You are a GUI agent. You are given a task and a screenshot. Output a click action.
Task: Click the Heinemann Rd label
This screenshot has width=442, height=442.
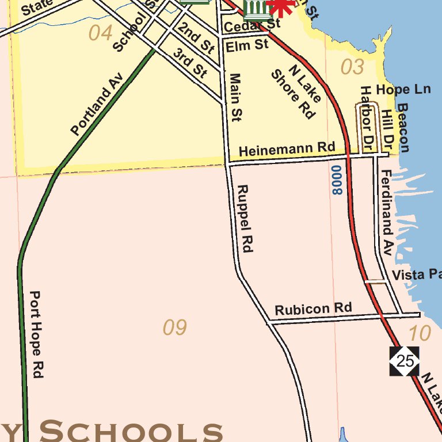pyautogui.click(x=287, y=150)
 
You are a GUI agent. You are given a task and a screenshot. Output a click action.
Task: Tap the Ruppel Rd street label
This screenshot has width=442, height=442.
pyautogui.click(x=245, y=219)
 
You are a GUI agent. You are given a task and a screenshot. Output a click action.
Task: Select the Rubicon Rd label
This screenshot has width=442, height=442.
pyautogui.click(x=313, y=308)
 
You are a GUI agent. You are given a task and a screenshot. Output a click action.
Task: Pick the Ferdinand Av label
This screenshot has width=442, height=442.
pyautogui.click(x=386, y=213)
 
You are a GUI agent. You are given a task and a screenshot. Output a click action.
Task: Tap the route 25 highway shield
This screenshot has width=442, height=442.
pyautogui.click(x=405, y=361)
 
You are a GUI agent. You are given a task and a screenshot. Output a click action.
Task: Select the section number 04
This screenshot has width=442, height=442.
pyautogui.click(x=100, y=33)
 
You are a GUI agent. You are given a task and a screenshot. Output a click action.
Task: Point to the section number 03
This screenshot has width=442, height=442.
pyautogui.click(x=352, y=67)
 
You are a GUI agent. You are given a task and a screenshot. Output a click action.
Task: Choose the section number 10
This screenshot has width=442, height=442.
pyautogui.click(x=420, y=333)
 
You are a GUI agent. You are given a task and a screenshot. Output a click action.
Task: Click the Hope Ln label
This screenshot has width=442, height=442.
pyautogui.click(x=403, y=90)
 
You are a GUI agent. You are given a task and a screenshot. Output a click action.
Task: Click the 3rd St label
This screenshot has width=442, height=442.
pyautogui.click(x=190, y=63)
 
